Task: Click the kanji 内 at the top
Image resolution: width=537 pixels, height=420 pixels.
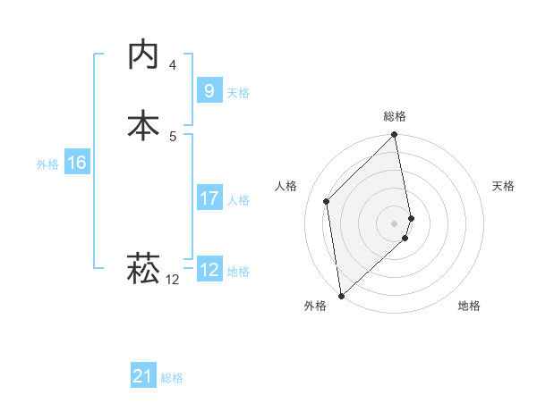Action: pyautogui.click(x=143, y=55)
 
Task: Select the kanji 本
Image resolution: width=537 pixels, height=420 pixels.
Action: pyautogui.click(x=143, y=124)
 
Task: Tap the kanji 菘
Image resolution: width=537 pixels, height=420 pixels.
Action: pyautogui.click(x=143, y=267)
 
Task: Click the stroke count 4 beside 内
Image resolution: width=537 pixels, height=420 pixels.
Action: pyautogui.click(x=173, y=65)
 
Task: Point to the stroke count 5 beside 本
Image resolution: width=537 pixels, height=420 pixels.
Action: pyautogui.click(x=173, y=136)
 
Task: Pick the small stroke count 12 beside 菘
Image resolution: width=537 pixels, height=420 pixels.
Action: pyautogui.click(x=173, y=280)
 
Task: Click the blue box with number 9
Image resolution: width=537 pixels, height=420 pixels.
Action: pyautogui.click(x=209, y=90)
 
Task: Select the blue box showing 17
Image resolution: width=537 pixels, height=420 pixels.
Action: pyautogui.click(x=209, y=198)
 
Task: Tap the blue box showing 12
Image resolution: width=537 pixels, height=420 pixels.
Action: pyautogui.click(x=209, y=270)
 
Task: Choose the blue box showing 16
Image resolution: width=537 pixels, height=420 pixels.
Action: pyautogui.click(x=76, y=163)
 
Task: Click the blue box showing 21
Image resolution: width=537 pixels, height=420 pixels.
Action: pyautogui.click(x=142, y=376)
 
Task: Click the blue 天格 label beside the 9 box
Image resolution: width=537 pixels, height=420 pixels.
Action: pyautogui.click(x=238, y=92)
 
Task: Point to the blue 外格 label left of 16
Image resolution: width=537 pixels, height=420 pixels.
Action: pyautogui.click(x=47, y=164)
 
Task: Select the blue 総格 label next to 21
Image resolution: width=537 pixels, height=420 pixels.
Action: pyautogui.click(x=172, y=378)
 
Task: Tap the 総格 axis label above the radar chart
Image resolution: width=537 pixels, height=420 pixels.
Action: pyautogui.click(x=395, y=117)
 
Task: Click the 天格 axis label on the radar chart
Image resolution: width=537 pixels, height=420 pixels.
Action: pyautogui.click(x=504, y=186)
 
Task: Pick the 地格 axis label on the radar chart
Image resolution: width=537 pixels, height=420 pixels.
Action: pyautogui.click(x=469, y=307)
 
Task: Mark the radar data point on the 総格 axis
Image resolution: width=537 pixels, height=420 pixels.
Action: pyautogui.click(x=395, y=136)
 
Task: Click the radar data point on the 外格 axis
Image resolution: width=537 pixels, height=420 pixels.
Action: pyautogui.click(x=341, y=295)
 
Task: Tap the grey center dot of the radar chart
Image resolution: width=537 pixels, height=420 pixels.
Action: pyautogui.click(x=395, y=222)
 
